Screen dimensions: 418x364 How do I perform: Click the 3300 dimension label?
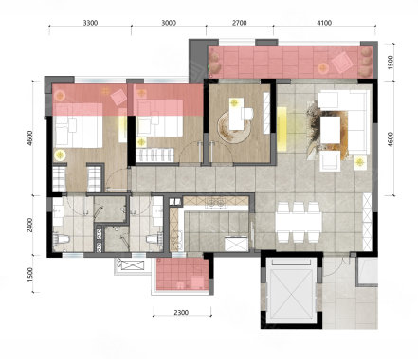(x=90, y=23)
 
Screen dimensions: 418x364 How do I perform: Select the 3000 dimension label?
(x=169, y=23)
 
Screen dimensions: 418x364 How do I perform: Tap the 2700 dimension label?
(x=239, y=23)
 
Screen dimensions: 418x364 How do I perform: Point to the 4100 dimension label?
(x=324, y=23)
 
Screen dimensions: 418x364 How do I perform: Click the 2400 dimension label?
(x=30, y=225)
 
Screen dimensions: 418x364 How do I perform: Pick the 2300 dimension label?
(x=181, y=313)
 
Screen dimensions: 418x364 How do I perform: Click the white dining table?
(x=299, y=222)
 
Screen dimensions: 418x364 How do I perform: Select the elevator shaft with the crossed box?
(x=291, y=289)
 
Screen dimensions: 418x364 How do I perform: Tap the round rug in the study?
(x=233, y=127)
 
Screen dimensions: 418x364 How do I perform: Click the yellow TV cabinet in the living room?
(x=282, y=128)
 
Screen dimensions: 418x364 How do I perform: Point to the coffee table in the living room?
(x=331, y=130)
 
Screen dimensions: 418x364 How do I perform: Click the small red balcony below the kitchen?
(x=182, y=274)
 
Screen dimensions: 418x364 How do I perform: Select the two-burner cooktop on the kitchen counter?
(x=215, y=203)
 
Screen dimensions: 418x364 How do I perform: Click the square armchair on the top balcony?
(x=342, y=62)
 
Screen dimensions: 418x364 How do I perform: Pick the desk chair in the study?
(x=247, y=114)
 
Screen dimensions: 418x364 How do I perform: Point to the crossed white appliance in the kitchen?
(x=236, y=244)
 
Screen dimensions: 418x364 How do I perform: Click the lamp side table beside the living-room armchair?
(x=359, y=163)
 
